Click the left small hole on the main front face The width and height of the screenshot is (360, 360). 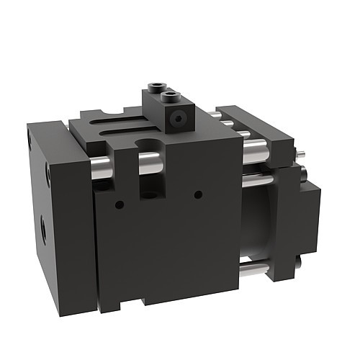pyautogui.click(x=118, y=204)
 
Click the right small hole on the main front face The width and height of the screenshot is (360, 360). pyautogui.click(x=197, y=193)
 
